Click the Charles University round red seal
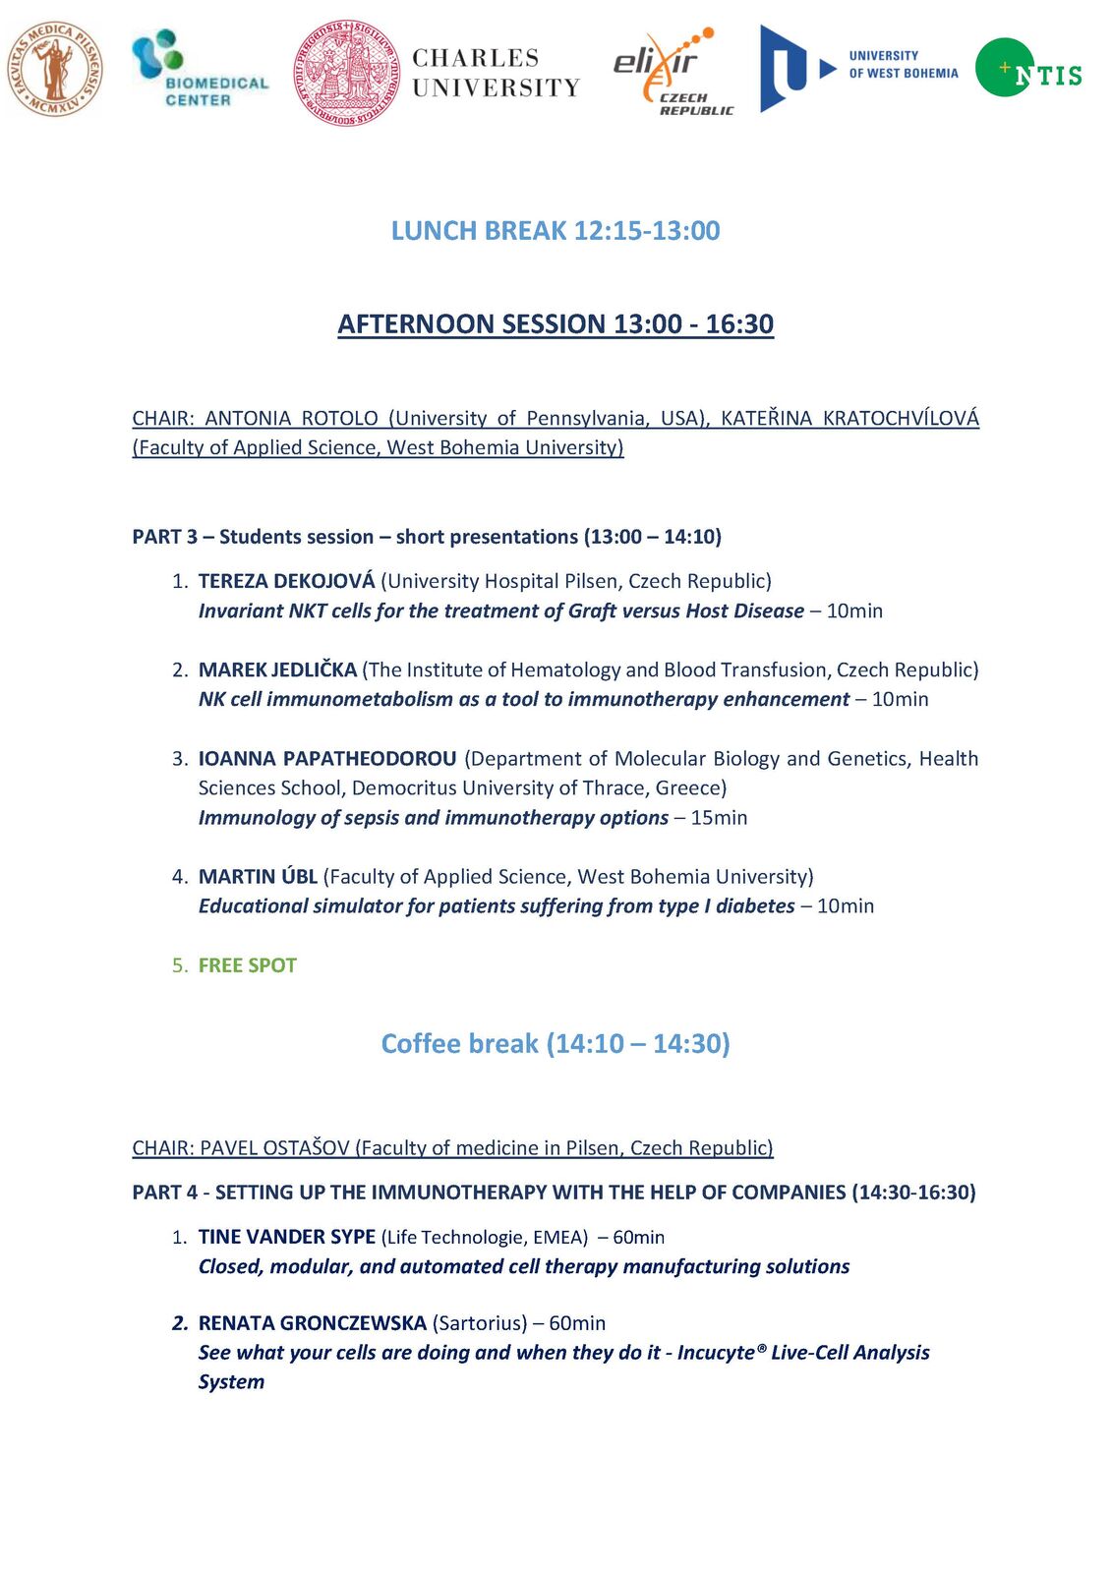tap(347, 73)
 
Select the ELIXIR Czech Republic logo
tap(673, 71)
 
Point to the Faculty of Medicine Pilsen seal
tap(55, 69)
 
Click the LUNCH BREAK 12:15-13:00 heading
tap(556, 231)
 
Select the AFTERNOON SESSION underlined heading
tap(556, 324)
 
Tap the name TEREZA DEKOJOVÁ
tap(286, 581)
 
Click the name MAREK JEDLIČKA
tap(277, 670)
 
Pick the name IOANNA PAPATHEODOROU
tap(327, 758)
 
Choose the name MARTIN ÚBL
tap(258, 876)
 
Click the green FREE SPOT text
tap(247, 965)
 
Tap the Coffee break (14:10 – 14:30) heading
tap(556, 1043)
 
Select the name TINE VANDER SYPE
tap(286, 1237)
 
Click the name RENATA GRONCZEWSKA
tap(312, 1323)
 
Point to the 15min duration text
tap(719, 818)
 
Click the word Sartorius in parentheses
tap(480, 1323)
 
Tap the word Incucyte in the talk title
tap(716, 1353)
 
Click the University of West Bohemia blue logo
tap(857, 68)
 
